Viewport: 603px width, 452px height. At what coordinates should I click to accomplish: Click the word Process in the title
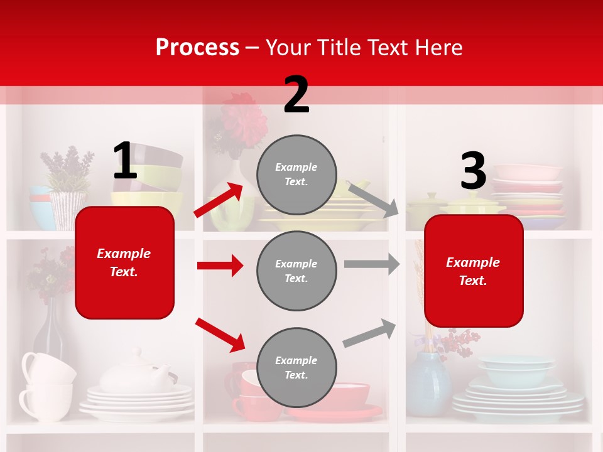pyautogui.click(x=197, y=48)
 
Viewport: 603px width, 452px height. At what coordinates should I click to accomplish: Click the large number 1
pyautogui.click(x=125, y=161)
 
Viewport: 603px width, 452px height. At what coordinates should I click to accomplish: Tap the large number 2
pyautogui.click(x=296, y=95)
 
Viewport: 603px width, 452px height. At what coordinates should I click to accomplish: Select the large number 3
pyautogui.click(x=473, y=171)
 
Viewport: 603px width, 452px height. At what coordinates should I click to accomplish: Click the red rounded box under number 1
pyautogui.click(x=124, y=262)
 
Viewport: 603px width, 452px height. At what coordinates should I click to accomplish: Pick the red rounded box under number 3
pyautogui.click(x=474, y=271)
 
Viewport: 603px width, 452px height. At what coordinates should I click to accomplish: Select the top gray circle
pyautogui.click(x=296, y=175)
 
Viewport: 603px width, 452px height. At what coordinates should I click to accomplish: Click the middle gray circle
pyautogui.click(x=296, y=271)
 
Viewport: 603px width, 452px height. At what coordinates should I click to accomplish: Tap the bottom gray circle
pyautogui.click(x=296, y=367)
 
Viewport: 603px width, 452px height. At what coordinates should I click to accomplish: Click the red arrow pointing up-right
pyautogui.click(x=219, y=200)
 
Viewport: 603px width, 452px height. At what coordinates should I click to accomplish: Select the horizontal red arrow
pyautogui.click(x=220, y=266)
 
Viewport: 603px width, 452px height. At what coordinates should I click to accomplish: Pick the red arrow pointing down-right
pyautogui.click(x=220, y=335)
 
